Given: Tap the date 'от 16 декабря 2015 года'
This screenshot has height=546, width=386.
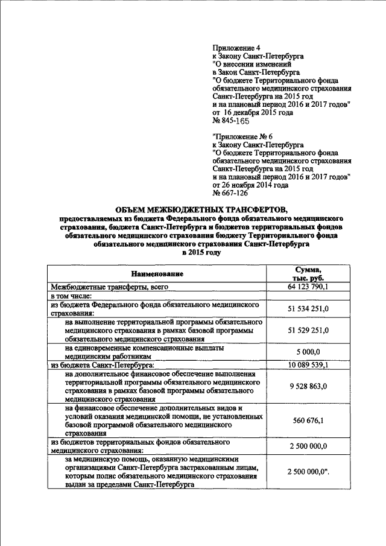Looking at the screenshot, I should click(253, 112).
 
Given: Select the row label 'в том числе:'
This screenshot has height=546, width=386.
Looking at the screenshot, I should click(71, 296).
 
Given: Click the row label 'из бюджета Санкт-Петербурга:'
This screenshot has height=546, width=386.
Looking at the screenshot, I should click(103, 365).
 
